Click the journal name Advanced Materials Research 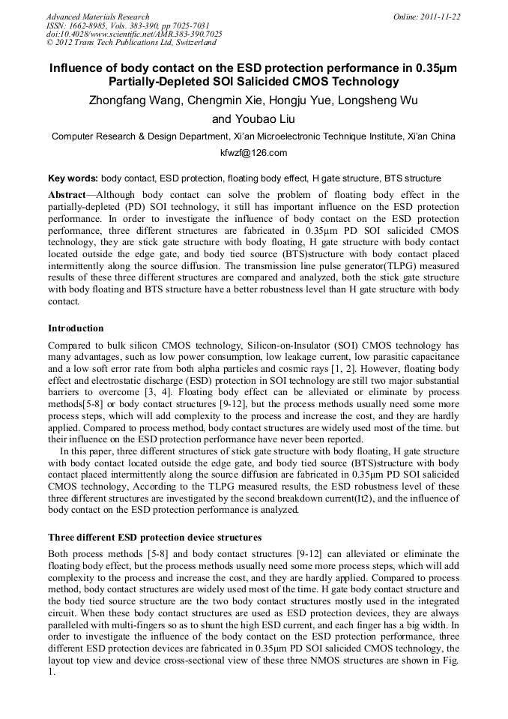point(97,16)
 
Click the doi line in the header point(134,34)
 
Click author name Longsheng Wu point(389,100)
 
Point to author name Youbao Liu point(265,118)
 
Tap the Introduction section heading point(76,328)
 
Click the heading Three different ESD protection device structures point(154,538)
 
